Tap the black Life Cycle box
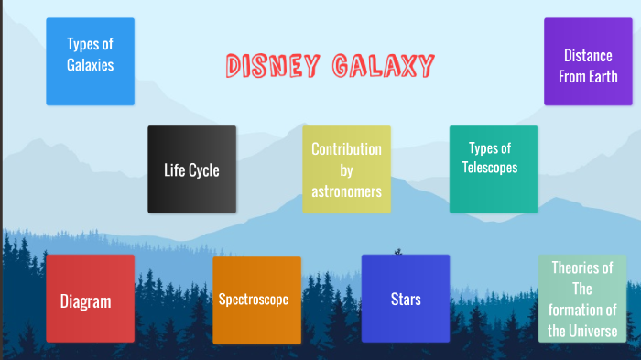pos(191,169)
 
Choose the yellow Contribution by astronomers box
pos(346,169)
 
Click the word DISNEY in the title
pos(271,66)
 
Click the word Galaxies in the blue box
pos(90,65)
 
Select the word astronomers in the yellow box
pos(346,191)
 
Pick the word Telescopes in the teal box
pos(490,168)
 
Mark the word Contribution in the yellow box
pos(346,149)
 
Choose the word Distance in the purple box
pos(588,56)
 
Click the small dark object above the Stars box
pos(398,250)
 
